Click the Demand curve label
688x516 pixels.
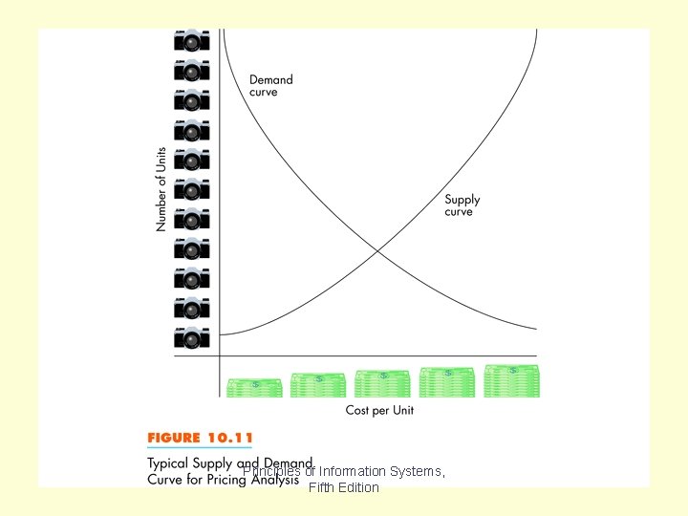click(270, 86)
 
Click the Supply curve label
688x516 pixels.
click(462, 205)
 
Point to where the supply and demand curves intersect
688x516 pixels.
click(379, 250)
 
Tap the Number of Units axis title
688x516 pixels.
click(161, 189)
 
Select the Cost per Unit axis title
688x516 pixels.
click(379, 411)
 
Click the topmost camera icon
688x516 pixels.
click(191, 40)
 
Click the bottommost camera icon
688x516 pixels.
click(191, 337)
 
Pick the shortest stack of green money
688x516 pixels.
click(254, 387)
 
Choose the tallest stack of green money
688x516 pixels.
click(512, 380)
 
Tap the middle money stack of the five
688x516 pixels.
click(382, 384)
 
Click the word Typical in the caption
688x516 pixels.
click(170, 462)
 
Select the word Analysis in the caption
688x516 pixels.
click(276, 480)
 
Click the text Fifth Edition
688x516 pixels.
click(344, 488)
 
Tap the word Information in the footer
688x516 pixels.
click(353, 471)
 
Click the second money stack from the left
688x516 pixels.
click(318, 385)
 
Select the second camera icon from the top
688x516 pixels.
click(191, 70)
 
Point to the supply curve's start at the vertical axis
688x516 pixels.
click(221, 334)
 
